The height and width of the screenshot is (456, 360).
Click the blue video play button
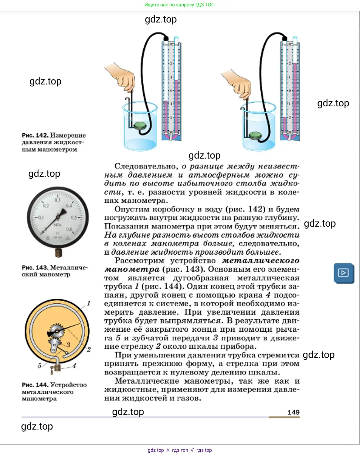point(344,273)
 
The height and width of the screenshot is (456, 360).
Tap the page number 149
point(293,412)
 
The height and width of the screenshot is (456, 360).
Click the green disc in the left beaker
point(140,125)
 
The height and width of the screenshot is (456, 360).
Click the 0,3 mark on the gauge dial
point(57,200)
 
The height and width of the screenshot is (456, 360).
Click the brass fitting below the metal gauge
point(59,252)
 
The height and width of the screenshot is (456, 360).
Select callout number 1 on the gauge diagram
point(89,303)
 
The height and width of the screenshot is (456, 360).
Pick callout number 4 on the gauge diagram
point(74,365)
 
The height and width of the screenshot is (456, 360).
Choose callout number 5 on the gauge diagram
point(39,365)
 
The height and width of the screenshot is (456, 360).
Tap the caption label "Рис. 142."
point(35,135)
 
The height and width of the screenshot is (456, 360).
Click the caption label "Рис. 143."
point(35,268)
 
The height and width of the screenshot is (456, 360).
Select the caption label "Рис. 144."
point(35,385)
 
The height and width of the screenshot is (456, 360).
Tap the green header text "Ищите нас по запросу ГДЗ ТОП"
point(179,5)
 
